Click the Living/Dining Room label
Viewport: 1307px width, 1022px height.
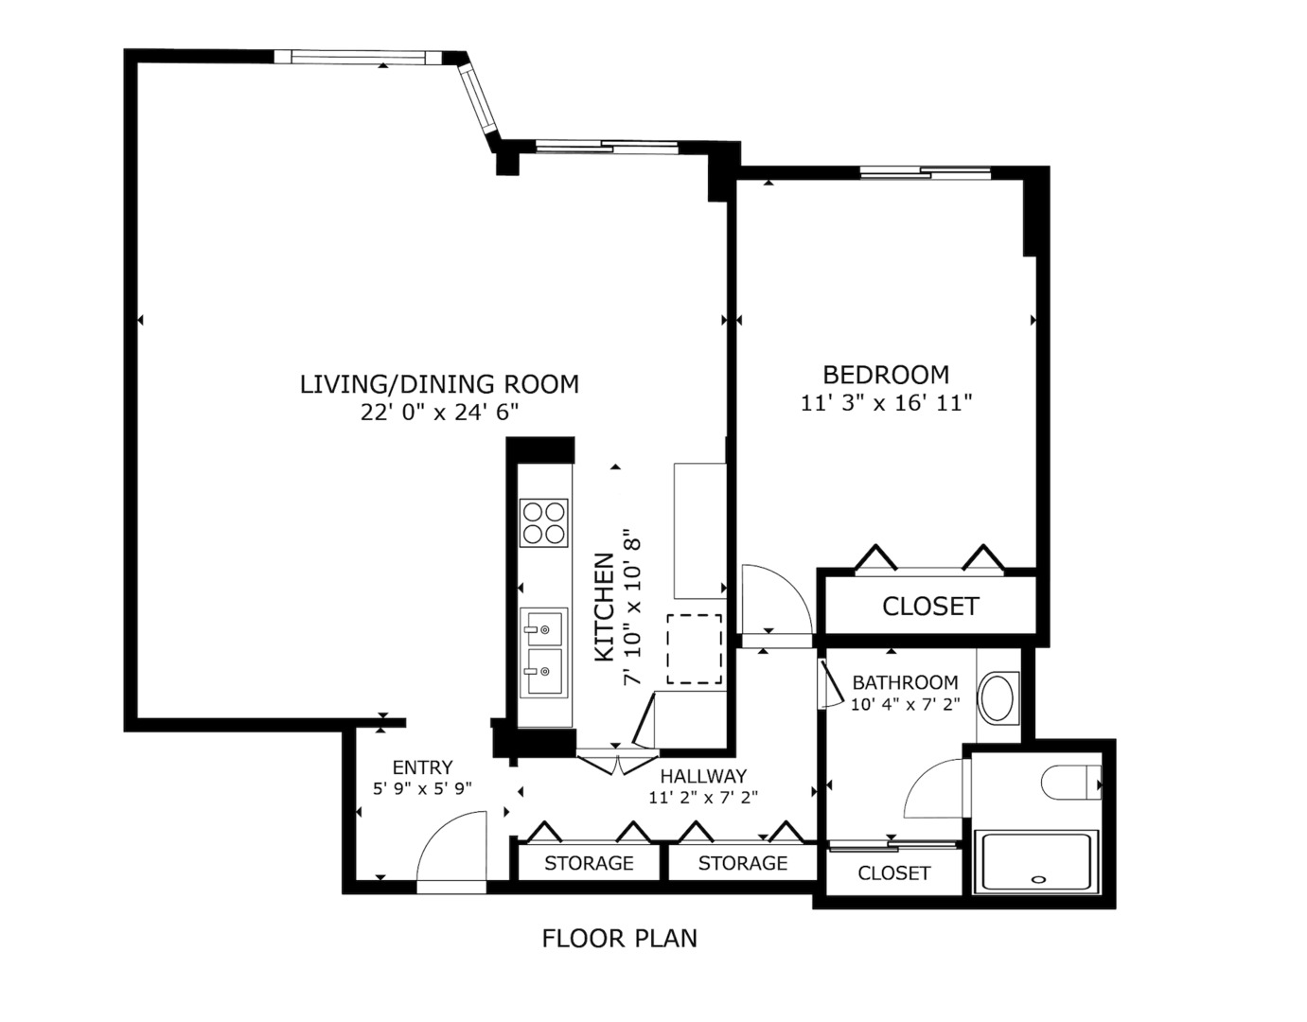click(439, 384)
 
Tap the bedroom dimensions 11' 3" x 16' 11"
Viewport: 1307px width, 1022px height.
click(887, 404)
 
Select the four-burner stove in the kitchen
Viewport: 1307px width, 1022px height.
click(544, 522)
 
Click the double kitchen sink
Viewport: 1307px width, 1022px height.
click(544, 652)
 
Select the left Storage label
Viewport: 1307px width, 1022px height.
click(589, 863)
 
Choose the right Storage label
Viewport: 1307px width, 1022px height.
click(743, 863)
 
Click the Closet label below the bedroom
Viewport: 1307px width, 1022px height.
click(930, 607)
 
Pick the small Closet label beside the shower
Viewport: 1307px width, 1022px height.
click(893, 873)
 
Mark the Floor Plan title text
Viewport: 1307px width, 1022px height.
click(620, 939)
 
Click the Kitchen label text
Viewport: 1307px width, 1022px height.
click(604, 608)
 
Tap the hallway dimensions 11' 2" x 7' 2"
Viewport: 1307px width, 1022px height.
click(703, 798)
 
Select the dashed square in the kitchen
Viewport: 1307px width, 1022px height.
click(695, 649)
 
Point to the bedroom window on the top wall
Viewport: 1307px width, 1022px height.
click(925, 172)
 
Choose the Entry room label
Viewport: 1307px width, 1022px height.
click(422, 767)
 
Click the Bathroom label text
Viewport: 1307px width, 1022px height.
click(905, 682)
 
